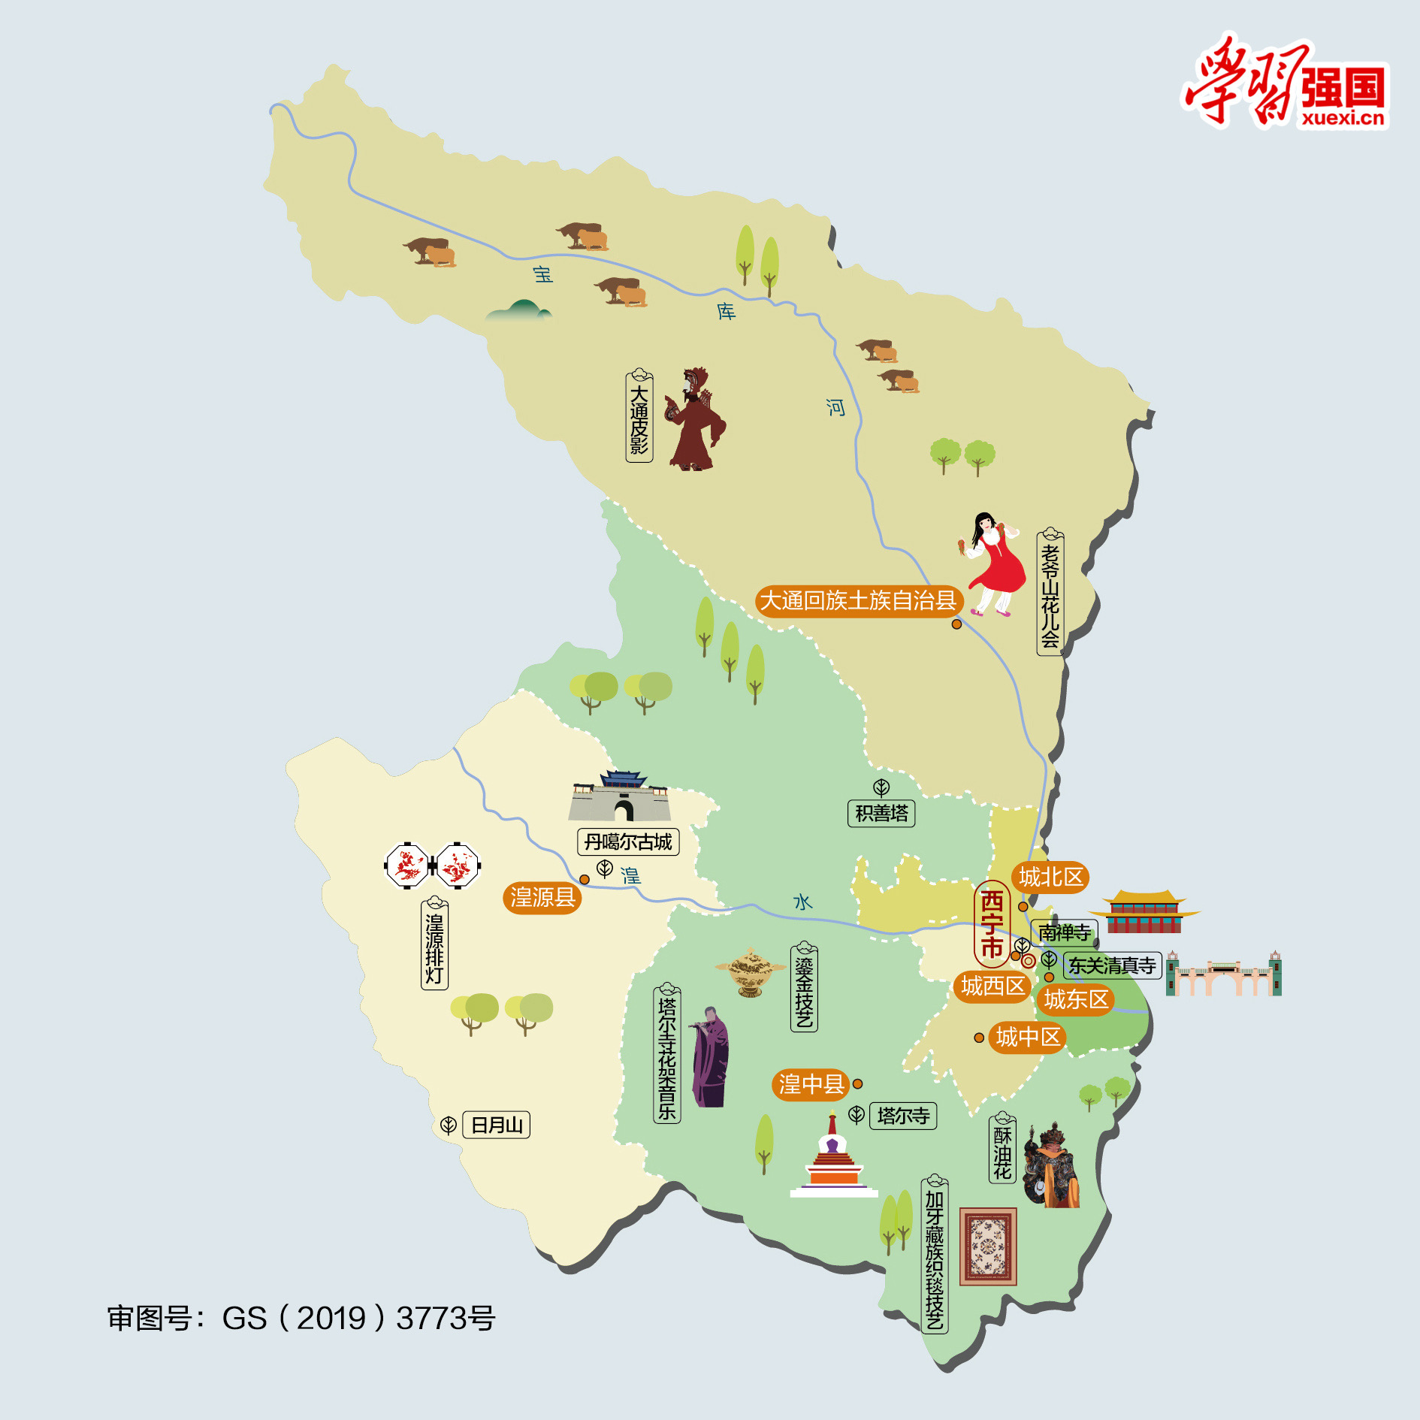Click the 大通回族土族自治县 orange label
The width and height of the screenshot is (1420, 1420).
click(858, 601)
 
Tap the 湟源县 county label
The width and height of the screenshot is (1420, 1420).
click(542, 897)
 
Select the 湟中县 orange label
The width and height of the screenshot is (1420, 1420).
click(811, 1084)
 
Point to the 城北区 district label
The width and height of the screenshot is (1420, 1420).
click(1050, 877)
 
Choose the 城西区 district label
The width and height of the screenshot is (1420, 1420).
click(992, 986)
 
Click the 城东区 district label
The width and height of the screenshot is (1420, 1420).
click(1076, 1000)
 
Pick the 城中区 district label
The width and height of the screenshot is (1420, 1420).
click(1028, 1038)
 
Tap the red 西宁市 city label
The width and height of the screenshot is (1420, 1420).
click(992, 924)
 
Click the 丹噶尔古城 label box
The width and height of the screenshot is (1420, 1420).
click(628, 842)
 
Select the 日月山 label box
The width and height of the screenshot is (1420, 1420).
click(496, 1125)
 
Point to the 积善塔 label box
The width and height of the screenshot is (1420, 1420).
click(881, 814)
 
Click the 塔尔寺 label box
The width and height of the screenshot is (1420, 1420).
click(903, 1116)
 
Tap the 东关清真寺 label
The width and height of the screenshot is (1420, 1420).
click(1112, 965)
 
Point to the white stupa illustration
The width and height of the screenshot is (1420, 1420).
click(833, 1161)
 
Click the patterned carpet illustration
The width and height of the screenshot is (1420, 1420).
click(988, 1247)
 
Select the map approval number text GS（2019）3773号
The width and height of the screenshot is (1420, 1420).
click(301, 1319)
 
